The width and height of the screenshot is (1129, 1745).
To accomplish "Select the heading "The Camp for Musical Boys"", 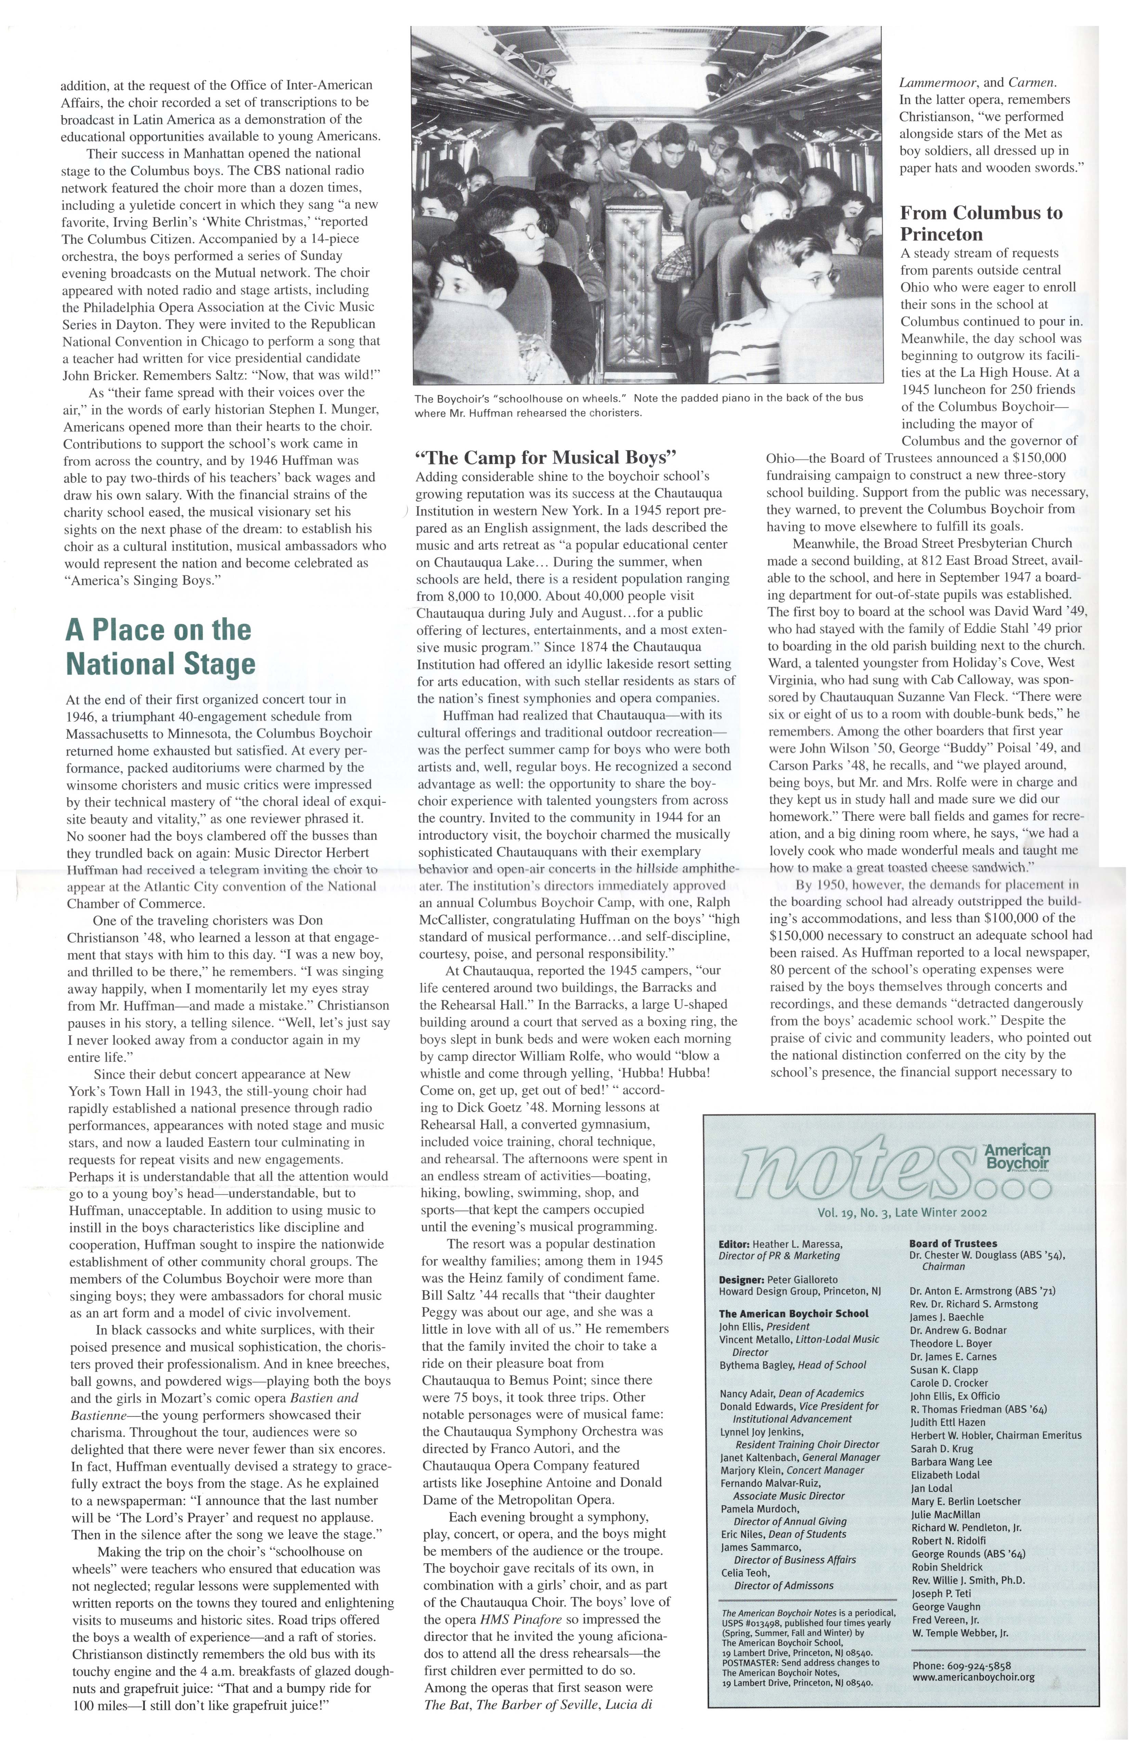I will tap(545, 457).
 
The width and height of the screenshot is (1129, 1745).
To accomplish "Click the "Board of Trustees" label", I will tap(952, 1243).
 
